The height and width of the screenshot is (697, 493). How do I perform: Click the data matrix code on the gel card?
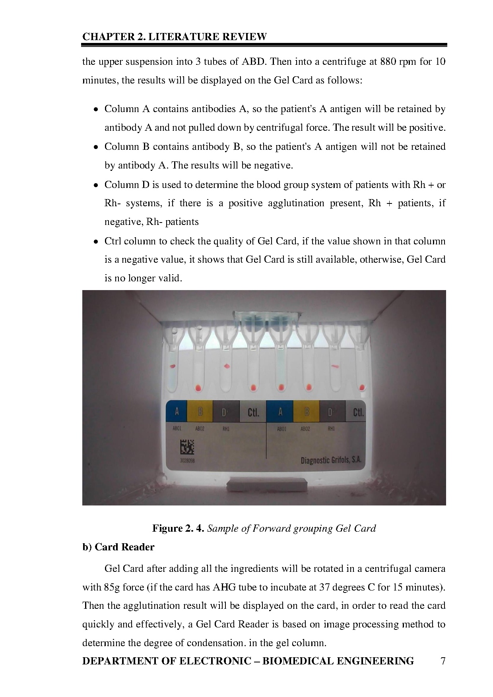point(187,447)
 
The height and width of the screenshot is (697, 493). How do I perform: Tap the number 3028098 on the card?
point(187,461)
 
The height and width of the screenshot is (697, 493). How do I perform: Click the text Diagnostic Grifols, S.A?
point(331,460)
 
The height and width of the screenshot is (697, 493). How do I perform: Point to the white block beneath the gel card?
point(268,486)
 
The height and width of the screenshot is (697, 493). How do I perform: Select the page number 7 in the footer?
point(443,661)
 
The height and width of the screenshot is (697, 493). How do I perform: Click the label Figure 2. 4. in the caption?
point(178,528)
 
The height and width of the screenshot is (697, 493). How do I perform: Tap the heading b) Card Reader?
point(118,547)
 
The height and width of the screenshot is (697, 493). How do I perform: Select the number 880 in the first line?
point(388,62)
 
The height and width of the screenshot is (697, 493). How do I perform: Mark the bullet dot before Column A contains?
point(96,109)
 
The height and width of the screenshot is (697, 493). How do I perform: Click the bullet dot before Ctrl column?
point(96,242)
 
